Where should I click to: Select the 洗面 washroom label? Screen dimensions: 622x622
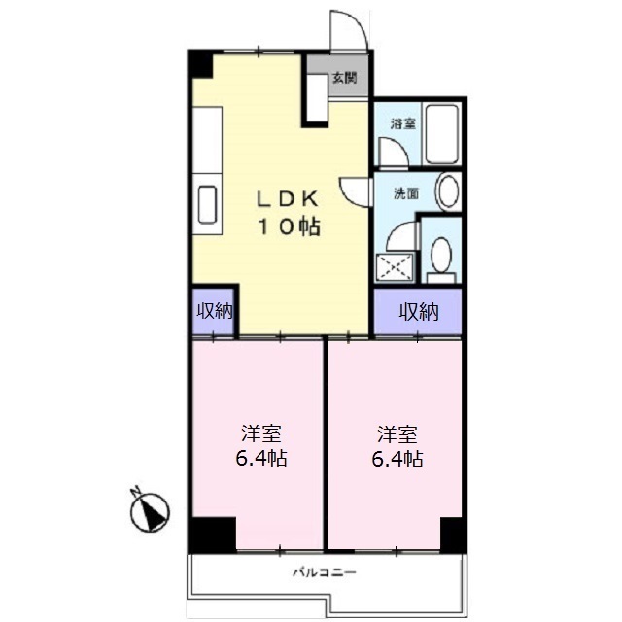point(406,193)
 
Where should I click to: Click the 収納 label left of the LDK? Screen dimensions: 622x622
point(215,311)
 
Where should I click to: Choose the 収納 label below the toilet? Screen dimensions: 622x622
point(419,311)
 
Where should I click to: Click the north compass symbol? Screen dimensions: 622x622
point(152,508)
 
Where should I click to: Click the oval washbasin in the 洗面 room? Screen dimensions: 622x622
point(447,190)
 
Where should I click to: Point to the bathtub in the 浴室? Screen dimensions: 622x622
point(446,135)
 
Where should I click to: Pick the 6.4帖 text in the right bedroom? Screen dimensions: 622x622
point(398,459)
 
